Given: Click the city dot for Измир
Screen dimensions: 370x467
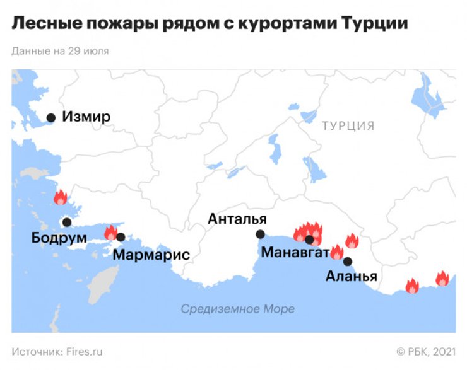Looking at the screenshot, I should pyautogui.click(x=51, y=117).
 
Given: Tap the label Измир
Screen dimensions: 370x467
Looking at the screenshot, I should pyautogui.click(x=87, y=117).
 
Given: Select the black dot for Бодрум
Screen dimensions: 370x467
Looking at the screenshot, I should pyautogui.click(x=66, y=222).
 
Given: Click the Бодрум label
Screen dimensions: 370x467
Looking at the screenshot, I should pyautogui.click(x=58, y=238).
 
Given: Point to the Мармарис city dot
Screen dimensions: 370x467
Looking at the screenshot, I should pyautogui.click(x=121, y=238).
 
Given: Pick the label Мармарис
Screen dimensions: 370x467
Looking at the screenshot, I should pyautogui.click(x=151, y=255).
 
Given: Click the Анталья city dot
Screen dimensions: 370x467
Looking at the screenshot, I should pyautogui.click(x=260, y=234).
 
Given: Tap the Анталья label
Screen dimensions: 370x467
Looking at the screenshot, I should pyautogui.click(x=238, y=219).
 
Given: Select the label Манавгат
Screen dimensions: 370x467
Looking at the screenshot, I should pyautogui.click(x=295, y=254).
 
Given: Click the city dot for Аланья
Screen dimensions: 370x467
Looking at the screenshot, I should pyautogui.click(x=348, y=262).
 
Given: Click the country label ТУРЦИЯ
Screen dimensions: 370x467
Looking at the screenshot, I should pyautogui.click(x=348, y=125).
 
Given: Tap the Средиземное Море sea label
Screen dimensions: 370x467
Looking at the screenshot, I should pyautogui.click(x=237, y=309).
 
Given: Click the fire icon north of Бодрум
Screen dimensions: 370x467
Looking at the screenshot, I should pyautogui.click(x=60, y=197).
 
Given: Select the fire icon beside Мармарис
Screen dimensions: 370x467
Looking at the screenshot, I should pyautogui.click(x=110, y=232).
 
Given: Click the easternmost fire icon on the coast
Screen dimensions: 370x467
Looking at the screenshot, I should pyautogui.click(x=442, y=279).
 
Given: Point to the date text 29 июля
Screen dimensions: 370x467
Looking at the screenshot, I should pyautogui.click(x=88, y=51).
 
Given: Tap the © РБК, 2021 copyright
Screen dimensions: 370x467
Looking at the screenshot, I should pyautogui.click(x=425, y=351).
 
